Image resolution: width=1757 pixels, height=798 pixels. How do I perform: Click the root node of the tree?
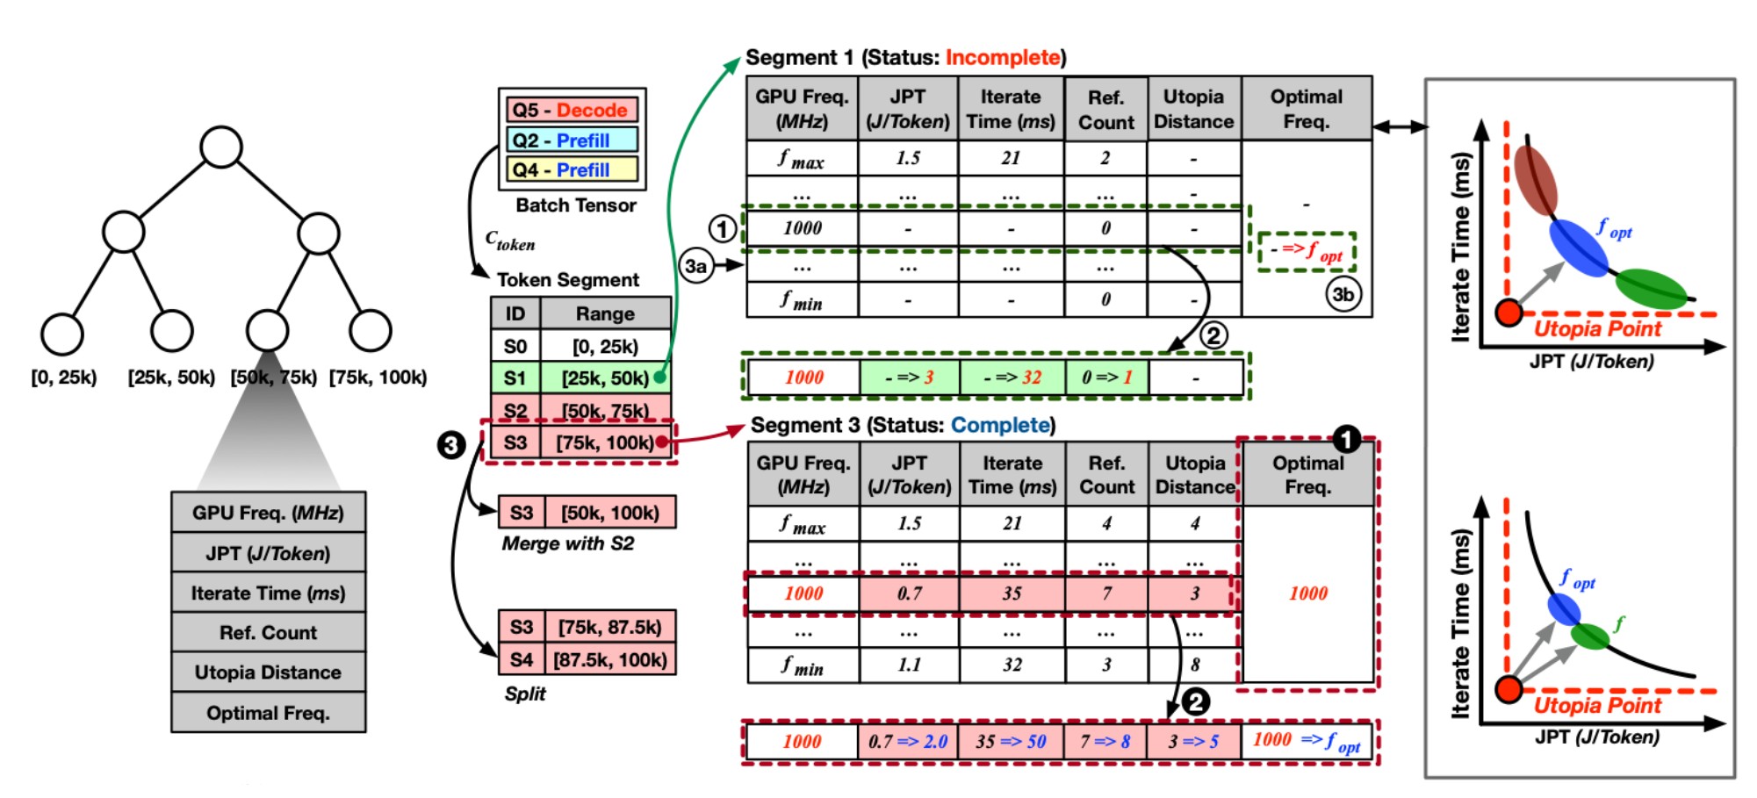(220, 147)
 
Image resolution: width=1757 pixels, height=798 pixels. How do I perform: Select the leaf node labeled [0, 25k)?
(62, 334)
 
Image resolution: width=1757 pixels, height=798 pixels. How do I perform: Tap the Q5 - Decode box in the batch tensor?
(571, 111)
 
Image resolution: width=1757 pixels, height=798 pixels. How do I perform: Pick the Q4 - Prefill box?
(571, 169)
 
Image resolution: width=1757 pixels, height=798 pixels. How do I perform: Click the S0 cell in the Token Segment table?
(515, 347)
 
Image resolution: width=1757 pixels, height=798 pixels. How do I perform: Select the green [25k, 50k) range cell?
(606, 378)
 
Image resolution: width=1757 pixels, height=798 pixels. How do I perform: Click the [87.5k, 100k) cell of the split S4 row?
(610, 660)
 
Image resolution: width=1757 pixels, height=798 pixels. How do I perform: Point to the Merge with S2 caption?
(568, 543)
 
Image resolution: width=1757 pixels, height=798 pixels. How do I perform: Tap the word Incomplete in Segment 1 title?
(1002, 58)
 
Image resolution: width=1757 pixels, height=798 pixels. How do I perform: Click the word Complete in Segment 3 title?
(1000, 426)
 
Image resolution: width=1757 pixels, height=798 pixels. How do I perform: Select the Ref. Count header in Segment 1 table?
(1105, 110)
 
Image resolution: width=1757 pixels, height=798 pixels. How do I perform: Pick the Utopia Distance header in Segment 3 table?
(1195, 474)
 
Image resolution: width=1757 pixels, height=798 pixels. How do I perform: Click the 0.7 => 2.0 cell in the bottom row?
(908, 742)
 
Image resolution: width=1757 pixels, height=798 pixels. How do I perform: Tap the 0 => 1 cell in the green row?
(1106, 377)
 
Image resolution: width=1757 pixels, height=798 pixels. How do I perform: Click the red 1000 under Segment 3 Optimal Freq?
(1307, 593)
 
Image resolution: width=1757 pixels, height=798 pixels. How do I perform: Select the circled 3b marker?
(1343, 294)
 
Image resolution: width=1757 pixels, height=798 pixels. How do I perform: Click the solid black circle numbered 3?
(451, 445)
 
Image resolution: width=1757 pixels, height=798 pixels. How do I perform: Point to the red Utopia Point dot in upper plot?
(1509, 313)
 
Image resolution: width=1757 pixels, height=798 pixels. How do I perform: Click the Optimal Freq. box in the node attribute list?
(268, 713)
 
